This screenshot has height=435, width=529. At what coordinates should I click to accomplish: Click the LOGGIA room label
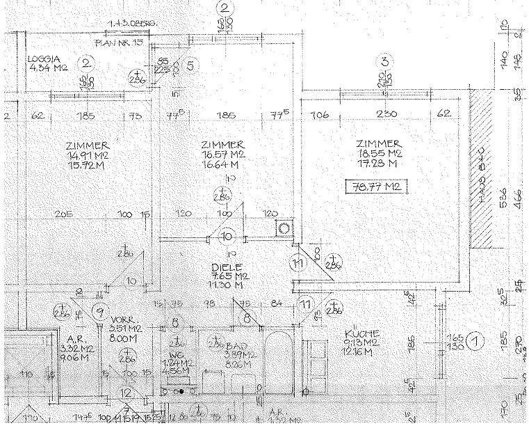pos(43,60)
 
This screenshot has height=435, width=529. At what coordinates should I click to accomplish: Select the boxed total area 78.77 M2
pos(375,186)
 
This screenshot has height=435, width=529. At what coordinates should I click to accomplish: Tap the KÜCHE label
pos(361,333)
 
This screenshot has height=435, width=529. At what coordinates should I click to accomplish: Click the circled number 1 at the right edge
pos(475,341)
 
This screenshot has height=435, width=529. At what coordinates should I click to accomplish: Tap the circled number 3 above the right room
pos(383,61)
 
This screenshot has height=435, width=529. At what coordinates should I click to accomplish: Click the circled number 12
pos(126,393)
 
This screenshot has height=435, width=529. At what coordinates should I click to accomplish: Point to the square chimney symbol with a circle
pos(284,228)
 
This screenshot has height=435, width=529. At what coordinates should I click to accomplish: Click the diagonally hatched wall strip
pos(482,171)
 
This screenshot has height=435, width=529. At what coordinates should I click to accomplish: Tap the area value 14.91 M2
pos(83,155)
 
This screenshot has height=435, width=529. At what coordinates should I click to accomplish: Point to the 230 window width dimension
pos(386,114)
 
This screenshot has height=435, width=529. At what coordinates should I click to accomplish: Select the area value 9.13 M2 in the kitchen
pos(361,342)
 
